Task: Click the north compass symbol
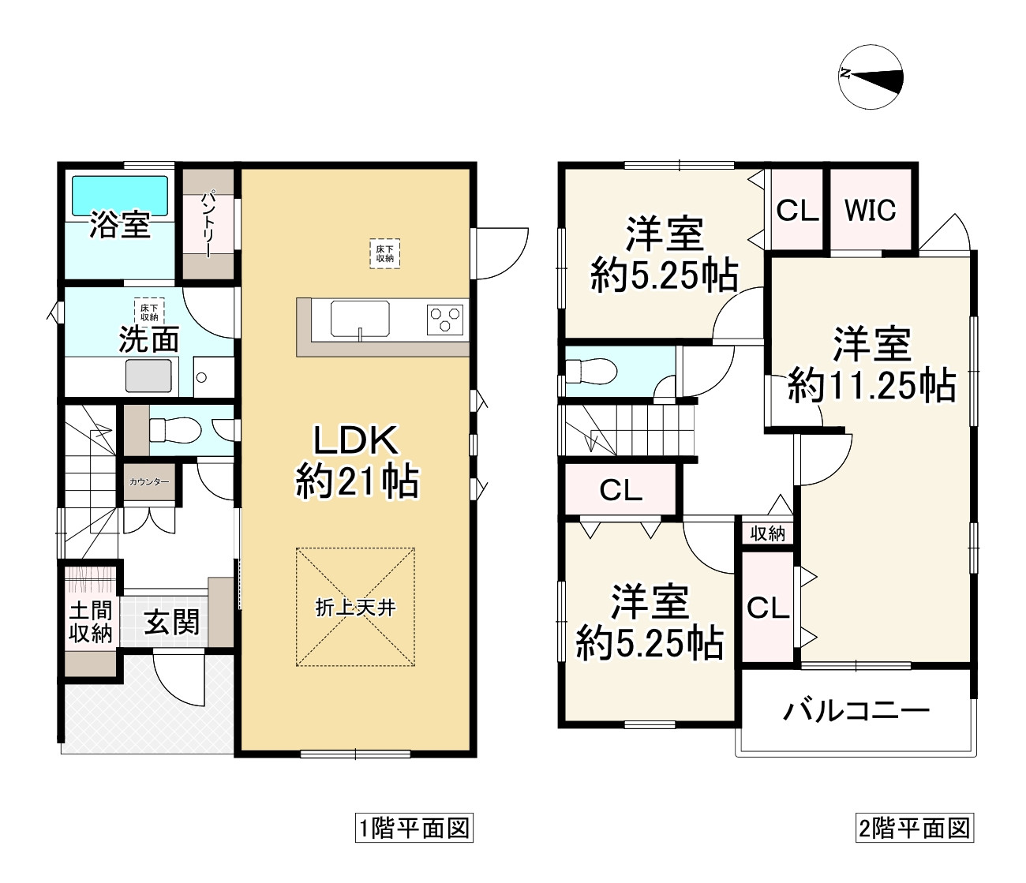871,75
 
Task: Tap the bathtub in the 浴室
120,195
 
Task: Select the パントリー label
208,224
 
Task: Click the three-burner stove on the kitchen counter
444,320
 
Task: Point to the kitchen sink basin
360,320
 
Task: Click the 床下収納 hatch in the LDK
384,253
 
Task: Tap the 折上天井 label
355,608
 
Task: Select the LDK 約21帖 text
357,462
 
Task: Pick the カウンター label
149,481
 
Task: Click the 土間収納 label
91,622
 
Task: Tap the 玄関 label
171,623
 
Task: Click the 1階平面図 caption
414,829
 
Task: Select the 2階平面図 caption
913,829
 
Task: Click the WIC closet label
871,211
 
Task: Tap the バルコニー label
856,711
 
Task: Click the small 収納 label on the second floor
767,533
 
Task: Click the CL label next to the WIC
797,211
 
